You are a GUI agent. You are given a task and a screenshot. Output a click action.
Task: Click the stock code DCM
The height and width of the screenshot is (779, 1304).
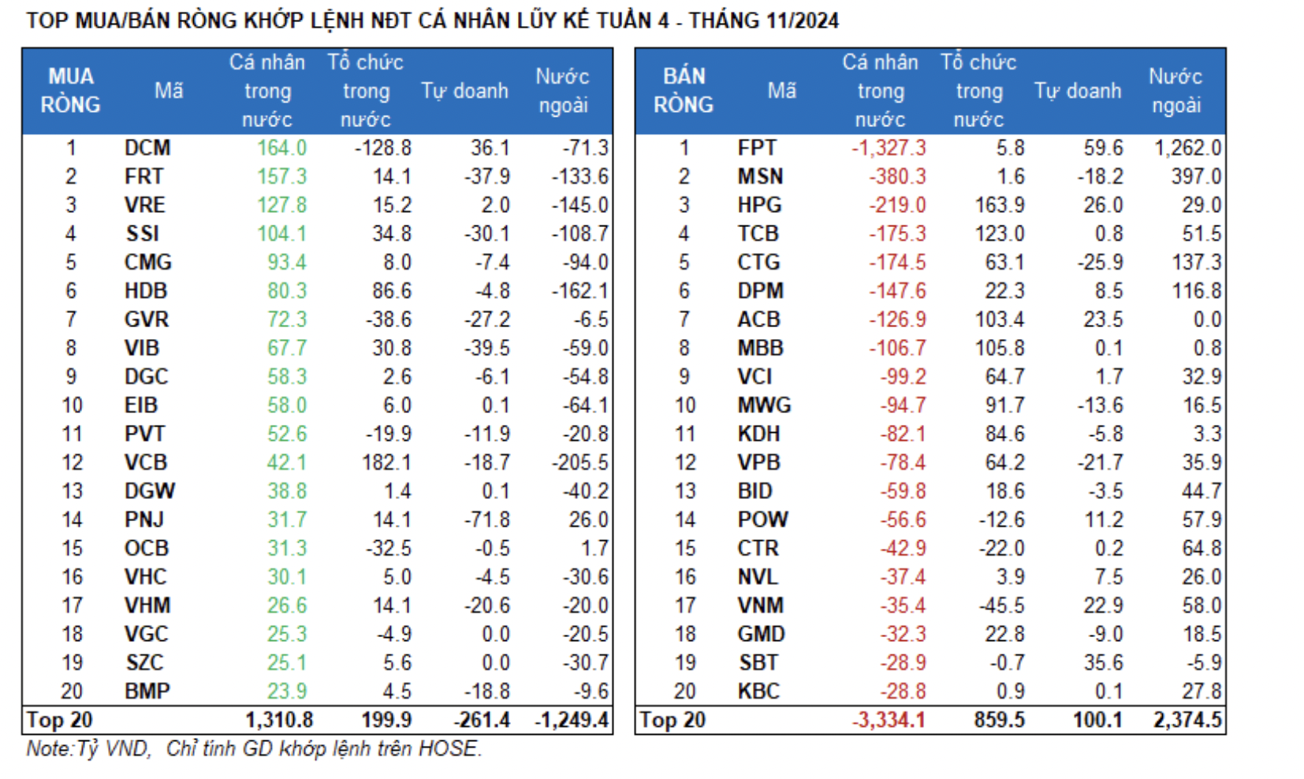[147, 148]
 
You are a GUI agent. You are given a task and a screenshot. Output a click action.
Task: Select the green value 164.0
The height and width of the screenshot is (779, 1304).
[281, 148]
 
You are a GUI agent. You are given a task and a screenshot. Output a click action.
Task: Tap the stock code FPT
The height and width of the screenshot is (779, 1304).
[757, 148]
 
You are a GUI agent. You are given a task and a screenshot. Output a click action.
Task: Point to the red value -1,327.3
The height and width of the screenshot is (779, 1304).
[889, 148]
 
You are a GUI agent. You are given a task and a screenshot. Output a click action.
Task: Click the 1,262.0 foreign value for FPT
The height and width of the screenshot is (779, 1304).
[1187, 148]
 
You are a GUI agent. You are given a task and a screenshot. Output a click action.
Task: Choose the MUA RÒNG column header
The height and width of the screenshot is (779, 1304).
[71, 91]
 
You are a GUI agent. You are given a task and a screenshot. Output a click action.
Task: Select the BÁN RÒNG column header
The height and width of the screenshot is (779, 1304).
[684, 91]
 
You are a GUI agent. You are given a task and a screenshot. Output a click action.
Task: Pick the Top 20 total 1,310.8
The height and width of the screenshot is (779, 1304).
[279, 720]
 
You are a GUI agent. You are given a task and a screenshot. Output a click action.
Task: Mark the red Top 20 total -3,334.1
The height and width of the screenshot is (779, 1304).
[889, 720]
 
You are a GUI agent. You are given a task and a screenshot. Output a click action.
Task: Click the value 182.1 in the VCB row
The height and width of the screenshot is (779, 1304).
[386, 463]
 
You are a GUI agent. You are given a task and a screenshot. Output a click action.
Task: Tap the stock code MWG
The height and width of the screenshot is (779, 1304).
[764, 405]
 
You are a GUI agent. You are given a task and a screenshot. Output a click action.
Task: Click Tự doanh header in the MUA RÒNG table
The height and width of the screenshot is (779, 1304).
[464, 91]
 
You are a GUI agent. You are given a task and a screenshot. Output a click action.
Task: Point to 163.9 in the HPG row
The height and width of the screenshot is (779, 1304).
[1000, 205]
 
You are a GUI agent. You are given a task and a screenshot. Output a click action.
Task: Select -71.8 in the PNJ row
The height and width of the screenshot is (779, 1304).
[486, 520]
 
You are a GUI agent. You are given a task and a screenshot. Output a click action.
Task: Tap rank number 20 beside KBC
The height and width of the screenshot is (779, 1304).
[684, 691]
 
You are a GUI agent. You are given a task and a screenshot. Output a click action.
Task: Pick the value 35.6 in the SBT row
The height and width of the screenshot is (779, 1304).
[1103, 662]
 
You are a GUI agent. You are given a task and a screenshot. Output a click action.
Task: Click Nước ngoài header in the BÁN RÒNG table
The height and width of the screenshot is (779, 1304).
[1175, 91]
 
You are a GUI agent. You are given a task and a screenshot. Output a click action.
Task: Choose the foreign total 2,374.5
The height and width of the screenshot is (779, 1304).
[1187, 720]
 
